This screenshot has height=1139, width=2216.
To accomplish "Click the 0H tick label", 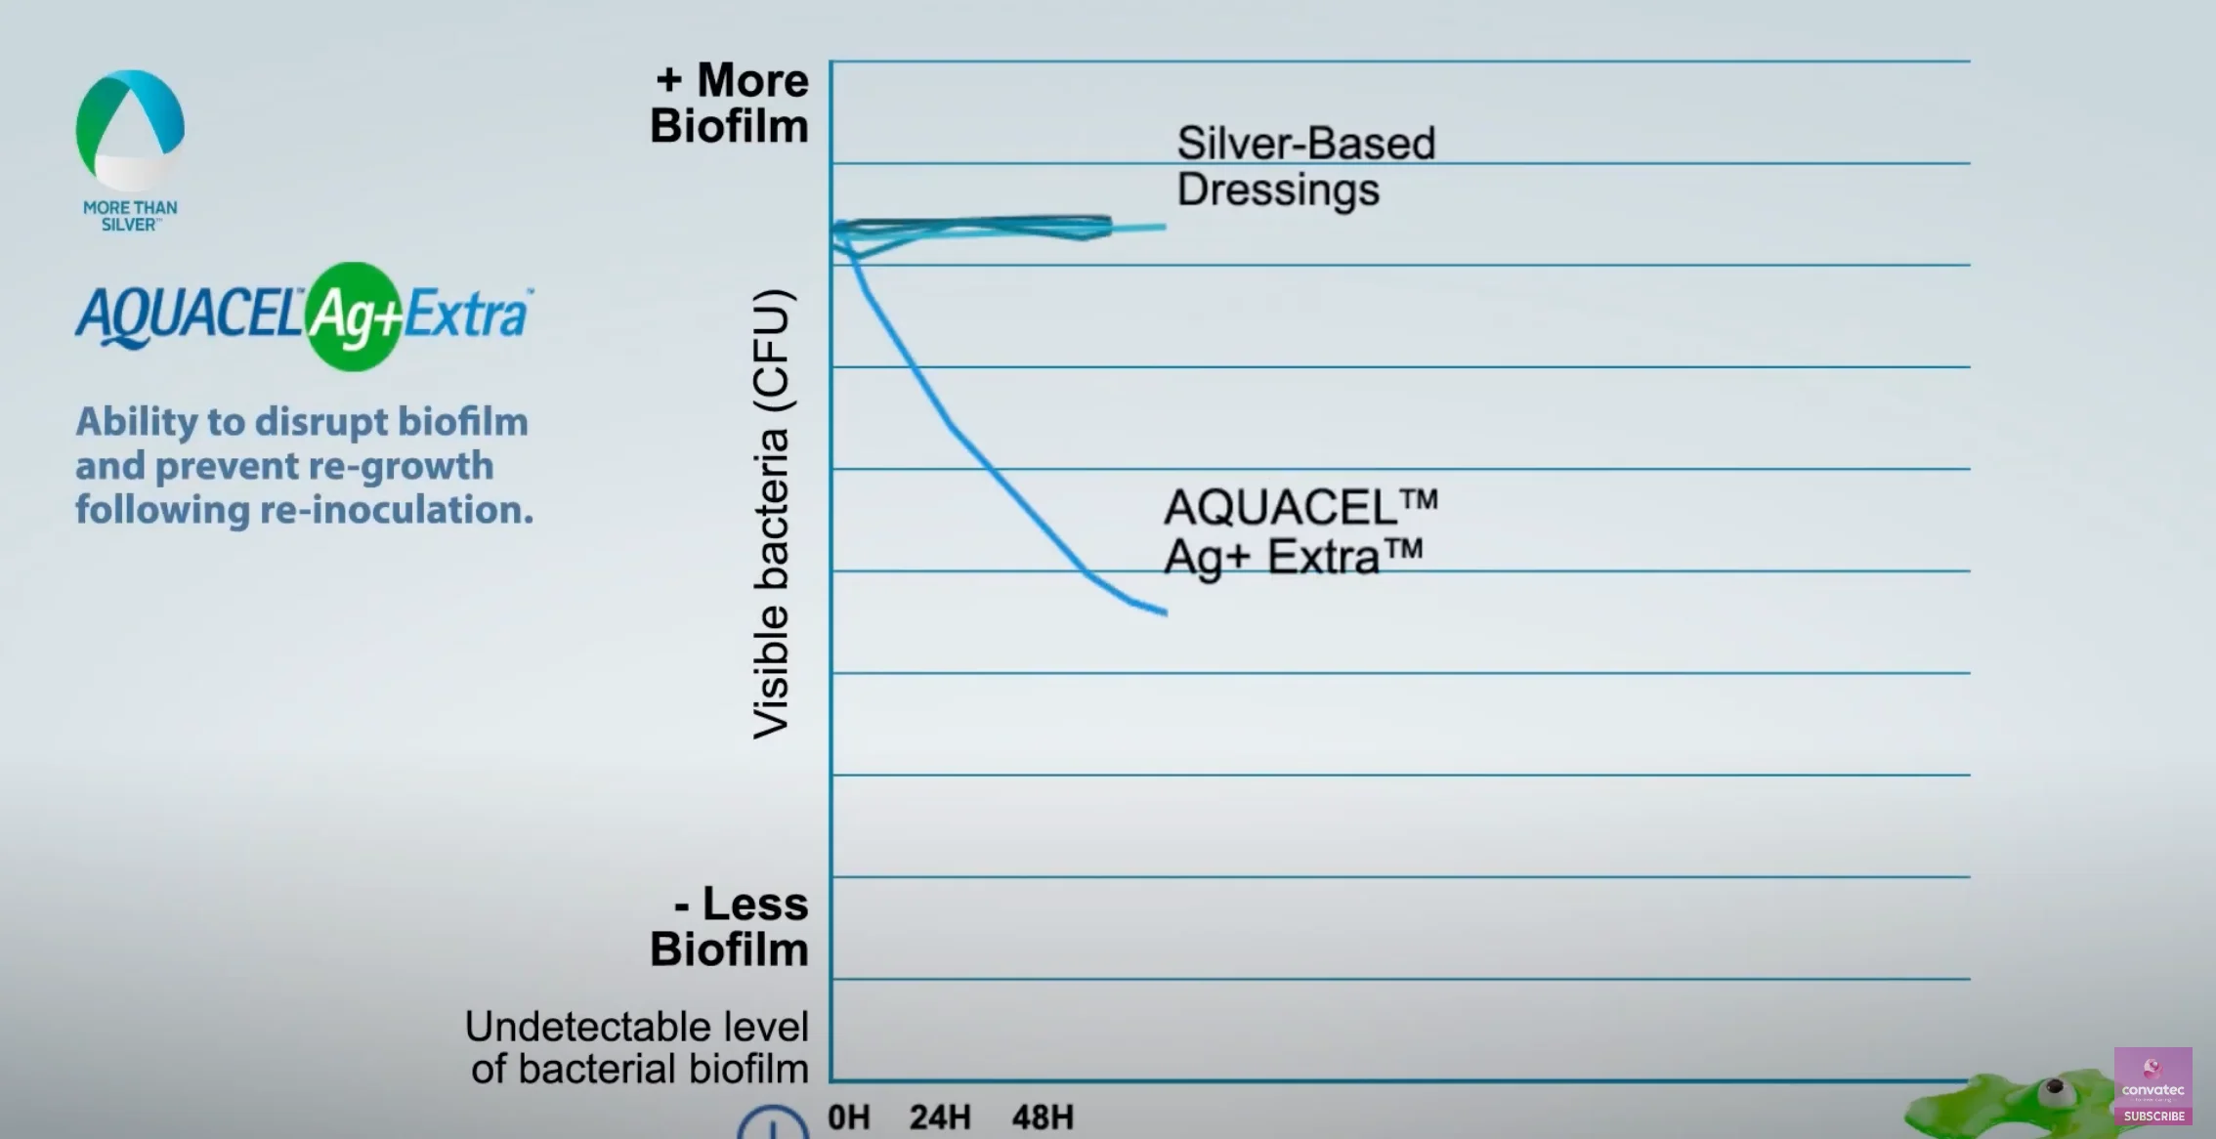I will point(848,1117).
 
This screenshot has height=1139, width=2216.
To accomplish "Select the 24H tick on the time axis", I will point(940,1117).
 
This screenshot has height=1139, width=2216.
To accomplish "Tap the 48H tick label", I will point(1043,1117).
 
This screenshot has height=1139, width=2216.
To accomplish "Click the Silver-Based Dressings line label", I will point(1304,166).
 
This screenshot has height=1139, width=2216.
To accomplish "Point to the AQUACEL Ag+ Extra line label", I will point(1300,532).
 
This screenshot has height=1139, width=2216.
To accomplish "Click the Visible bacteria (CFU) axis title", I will point(772,514).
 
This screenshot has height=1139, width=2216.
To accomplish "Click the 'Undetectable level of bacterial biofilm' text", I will point(638,1047).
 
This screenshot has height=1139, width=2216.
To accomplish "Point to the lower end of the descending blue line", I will point(1165,612).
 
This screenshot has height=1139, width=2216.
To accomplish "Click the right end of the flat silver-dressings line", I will point(1163,227).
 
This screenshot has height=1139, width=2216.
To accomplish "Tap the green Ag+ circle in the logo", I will point(354,316).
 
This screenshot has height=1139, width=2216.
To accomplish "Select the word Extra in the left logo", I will point(467,315).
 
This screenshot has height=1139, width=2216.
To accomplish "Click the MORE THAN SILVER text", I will point(130,216).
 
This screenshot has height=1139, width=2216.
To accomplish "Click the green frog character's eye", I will point(2055,1087).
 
